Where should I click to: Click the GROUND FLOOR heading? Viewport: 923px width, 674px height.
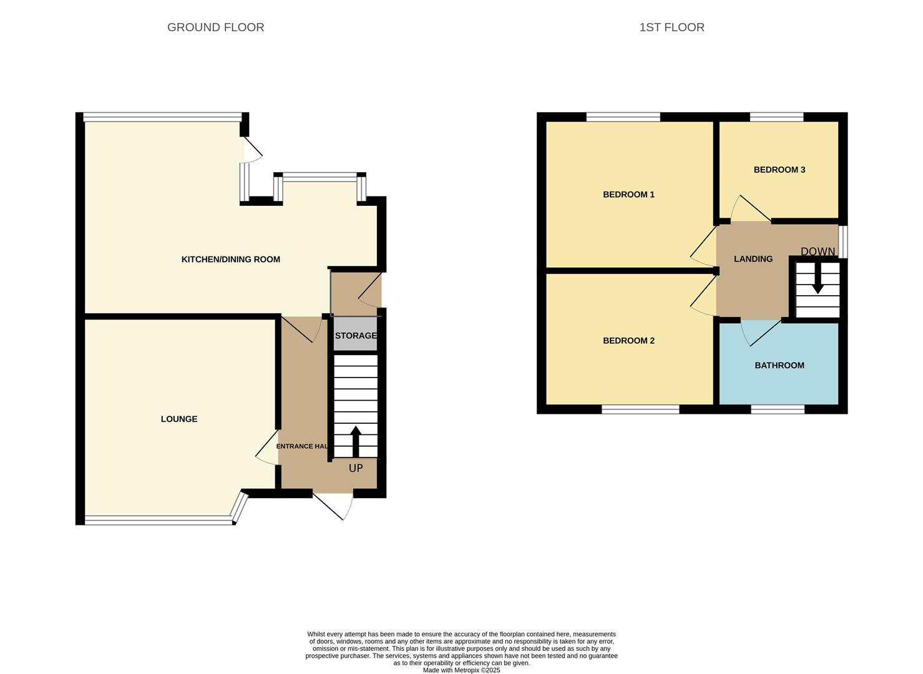click(x=215, y=27)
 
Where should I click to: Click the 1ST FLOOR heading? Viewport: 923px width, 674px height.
click(x=671, y=27)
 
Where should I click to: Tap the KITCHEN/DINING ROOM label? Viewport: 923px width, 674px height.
click(x=230, y=260)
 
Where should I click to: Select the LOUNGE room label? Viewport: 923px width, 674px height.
click(x=179, y=419)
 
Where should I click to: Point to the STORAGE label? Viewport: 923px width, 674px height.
click(x=356, y=336)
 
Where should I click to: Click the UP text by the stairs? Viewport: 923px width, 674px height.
click(x=356, y=468)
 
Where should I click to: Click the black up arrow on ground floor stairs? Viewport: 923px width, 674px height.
click(x=356, y=442)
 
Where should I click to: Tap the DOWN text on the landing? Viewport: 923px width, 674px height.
click(x=818, y=252)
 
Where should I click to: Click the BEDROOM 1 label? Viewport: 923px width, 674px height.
click(x=628, y=195)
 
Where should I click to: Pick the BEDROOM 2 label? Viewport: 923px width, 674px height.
click(x=628, y=341)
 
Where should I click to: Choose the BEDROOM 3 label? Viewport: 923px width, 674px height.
click(x=779, y=170)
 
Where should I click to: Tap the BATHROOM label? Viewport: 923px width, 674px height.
click(x=779, y=366)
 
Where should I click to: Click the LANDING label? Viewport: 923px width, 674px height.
click(x=753, y=259)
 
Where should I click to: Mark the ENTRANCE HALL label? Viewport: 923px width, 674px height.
click(x=303, y=446)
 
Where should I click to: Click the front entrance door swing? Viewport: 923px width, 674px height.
click(x=334, y=506)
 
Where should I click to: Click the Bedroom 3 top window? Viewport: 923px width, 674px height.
click(x=776, y=117)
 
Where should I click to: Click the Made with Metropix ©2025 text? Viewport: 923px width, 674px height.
click(x=461, y=670)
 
